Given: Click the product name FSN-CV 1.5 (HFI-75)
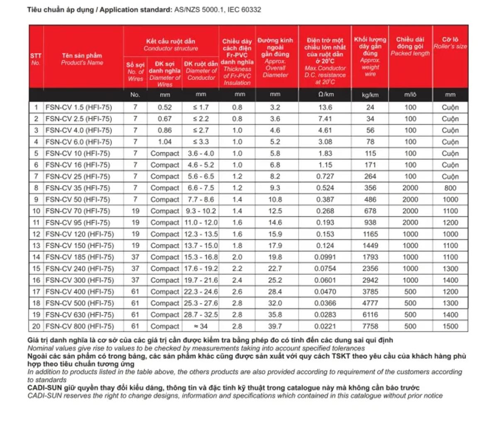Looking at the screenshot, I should [x=78, y=107].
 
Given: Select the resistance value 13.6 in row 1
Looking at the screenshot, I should [x=325, y=107].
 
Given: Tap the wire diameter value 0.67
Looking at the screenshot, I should [x=164, y=119].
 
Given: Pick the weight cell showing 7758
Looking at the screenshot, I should [x=370, y=326].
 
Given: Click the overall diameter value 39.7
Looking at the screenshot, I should [x=275, y=326].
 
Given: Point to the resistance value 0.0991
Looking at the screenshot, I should [x=325, y=257].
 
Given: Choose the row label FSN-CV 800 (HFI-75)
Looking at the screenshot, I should [x=79, y=326].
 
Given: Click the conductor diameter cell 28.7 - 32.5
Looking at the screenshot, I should [x=201, y=315].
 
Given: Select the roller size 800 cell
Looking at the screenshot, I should [x=450, y=188].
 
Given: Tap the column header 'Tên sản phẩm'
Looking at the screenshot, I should [x=82, y=56].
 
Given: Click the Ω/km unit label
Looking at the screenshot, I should [x=325, y=95].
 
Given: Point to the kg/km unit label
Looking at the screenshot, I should [x=370, y=95].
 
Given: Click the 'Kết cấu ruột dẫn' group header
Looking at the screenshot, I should [x=171, y=41].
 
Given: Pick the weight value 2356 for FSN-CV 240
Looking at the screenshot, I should [x=370, y=269].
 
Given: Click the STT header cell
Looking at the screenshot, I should [x=36, y=56].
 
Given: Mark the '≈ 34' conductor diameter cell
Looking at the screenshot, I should [x=201, y=326].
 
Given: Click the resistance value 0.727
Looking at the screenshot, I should [x=325, y=176].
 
